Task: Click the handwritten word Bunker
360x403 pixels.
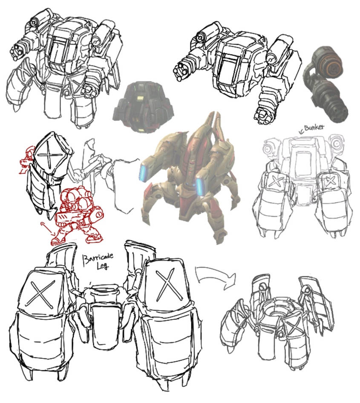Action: [314, 127]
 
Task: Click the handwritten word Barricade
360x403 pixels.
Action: [98, 258]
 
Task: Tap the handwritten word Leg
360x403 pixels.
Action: [103, 266]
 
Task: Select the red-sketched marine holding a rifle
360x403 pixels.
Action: [77, 216]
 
